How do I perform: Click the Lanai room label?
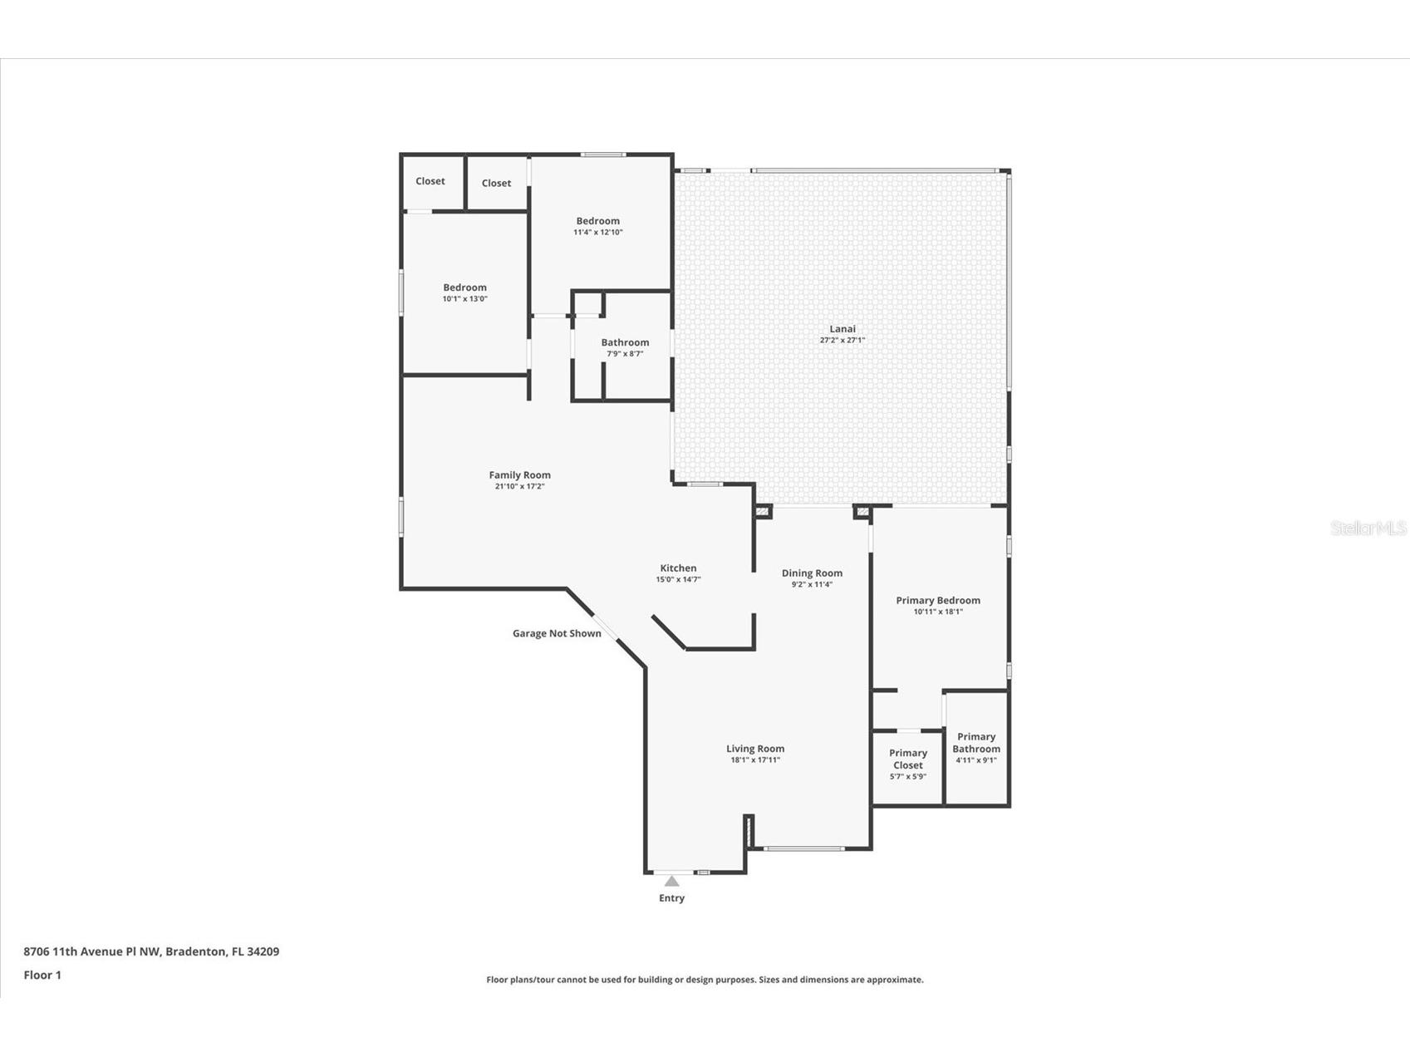[x=842, y=329]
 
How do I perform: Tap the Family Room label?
[x=519, y=475]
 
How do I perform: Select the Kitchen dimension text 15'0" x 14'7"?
[x=678, y=580]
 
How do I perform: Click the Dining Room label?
[x=812, y=573]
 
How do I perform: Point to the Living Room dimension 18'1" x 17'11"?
[x=754, y=760]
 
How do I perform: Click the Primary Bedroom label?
[x=937, y=601]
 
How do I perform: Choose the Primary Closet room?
[x=907, y=764]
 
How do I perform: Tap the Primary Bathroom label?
[x=975, y=743]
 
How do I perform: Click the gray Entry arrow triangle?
[x=671, y=882]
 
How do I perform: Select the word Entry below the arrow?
[x=671, y=898]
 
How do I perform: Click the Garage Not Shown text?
[x=557, y=633]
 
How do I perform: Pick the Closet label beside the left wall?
[x=430, y=181]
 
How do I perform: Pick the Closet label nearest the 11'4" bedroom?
[x=496, y=184]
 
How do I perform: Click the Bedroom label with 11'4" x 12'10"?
[x=597, y=221]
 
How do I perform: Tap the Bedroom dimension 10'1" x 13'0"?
[x=464, y=299]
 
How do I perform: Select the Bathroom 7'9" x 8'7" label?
[x=625, y=342]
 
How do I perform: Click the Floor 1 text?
[x=42, y=976]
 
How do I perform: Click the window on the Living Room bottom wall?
[x=803, y=848]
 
